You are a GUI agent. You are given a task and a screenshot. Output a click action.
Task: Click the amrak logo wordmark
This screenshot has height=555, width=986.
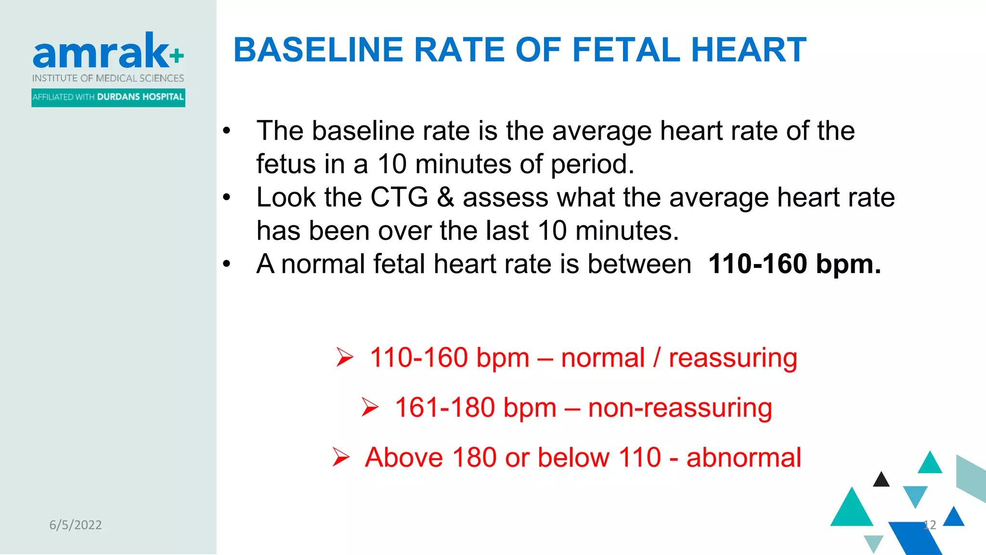(x=101, y=51)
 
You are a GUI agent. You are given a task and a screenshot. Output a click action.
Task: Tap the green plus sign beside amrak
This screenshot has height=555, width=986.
(x=177, y=55)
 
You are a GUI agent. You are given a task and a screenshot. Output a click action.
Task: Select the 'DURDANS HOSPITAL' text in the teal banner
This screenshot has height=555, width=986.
(x=140, y=97)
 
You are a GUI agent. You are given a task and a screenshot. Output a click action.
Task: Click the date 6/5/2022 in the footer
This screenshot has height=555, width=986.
(x=76, y=525)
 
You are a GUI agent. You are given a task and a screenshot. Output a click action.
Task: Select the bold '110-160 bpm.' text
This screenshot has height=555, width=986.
(x=794, y=264)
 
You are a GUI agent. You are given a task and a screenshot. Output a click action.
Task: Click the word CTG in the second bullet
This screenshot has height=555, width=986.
(x=399, y=198)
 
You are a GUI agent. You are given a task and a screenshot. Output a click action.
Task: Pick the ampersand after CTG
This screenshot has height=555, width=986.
(x=445, y=198)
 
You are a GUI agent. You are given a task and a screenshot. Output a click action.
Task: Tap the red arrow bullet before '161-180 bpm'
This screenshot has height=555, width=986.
(x=370, y=408)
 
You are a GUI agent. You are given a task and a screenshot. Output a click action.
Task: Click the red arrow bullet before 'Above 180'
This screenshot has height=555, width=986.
(x=341, y=457)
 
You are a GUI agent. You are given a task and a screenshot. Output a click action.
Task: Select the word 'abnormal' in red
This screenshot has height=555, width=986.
(x=744, y=457)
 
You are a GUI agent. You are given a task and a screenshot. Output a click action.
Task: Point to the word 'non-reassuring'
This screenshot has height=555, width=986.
(x=680, y=408)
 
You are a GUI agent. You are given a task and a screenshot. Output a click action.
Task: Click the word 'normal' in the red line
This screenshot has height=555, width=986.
(x=603, y=358)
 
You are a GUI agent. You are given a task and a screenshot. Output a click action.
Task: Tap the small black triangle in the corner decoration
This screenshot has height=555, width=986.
(x=881, y=480)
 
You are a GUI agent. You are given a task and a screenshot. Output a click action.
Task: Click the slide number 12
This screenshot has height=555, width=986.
(x=930, y=525)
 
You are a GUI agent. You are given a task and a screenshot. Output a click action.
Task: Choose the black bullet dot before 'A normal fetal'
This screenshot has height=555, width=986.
(x=227, y=264)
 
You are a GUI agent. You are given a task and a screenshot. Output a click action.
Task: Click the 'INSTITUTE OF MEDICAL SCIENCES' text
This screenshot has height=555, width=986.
(x=108, y=78)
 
